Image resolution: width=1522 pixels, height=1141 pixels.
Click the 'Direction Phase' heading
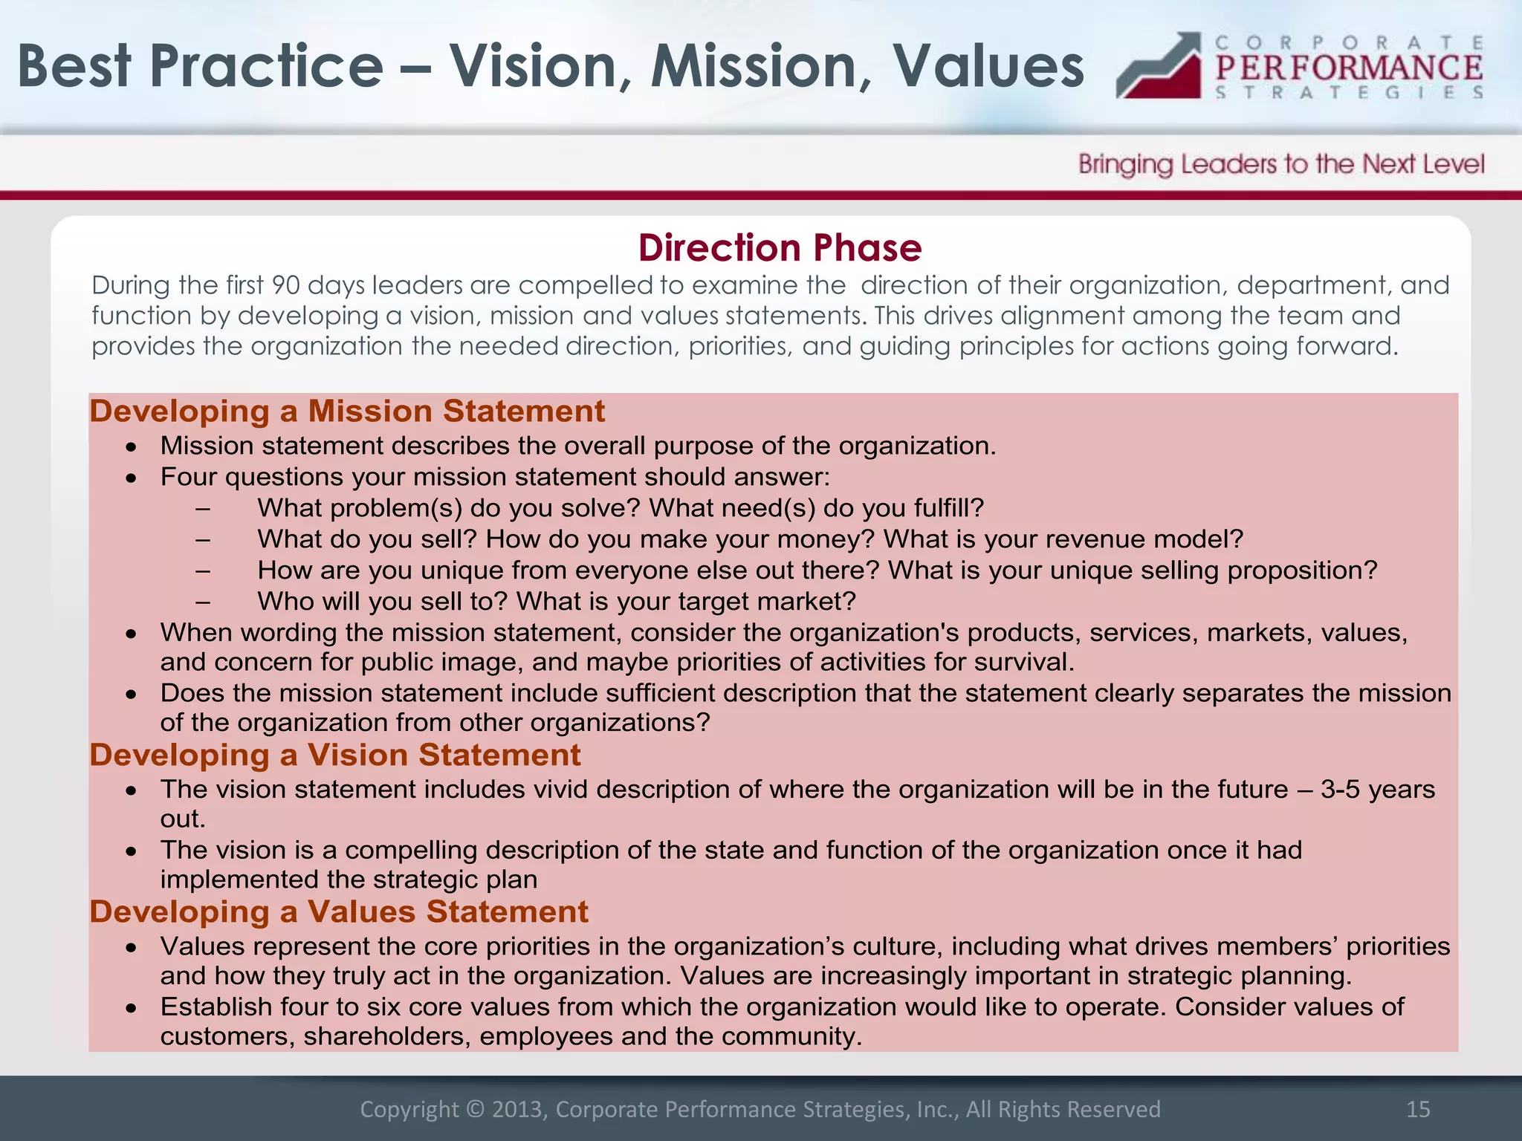click(780, 248)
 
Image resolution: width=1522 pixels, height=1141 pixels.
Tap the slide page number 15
click(1418, 1109)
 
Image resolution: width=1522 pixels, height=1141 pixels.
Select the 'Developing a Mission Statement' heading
click(347, 412)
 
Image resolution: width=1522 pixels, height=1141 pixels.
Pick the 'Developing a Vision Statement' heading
click(335, 755)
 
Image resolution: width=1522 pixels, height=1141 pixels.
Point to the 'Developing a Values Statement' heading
click(339, 912)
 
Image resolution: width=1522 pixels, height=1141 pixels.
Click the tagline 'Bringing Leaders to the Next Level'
click(1281, 164)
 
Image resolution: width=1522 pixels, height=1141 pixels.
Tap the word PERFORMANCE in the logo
click(1349, 68)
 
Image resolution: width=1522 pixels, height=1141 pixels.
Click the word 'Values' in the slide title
click(988, 67)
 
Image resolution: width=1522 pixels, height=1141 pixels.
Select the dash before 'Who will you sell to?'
click(203, 602)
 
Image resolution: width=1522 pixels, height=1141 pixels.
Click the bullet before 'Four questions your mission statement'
click(132, 478)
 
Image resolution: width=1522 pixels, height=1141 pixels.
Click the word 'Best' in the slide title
click(74, 67)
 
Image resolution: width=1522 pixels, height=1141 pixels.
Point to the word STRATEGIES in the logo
click(1349, 93)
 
